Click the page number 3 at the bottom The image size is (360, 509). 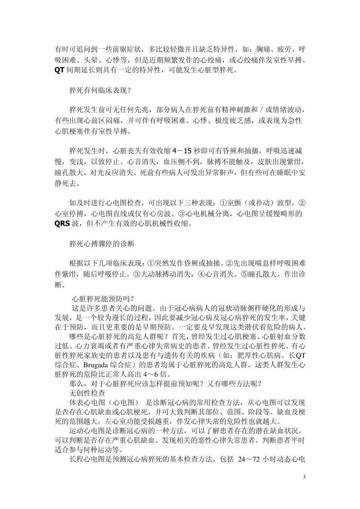(304, 476)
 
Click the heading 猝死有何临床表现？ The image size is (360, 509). (100, 91)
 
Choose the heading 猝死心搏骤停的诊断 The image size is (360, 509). (102, 244)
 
